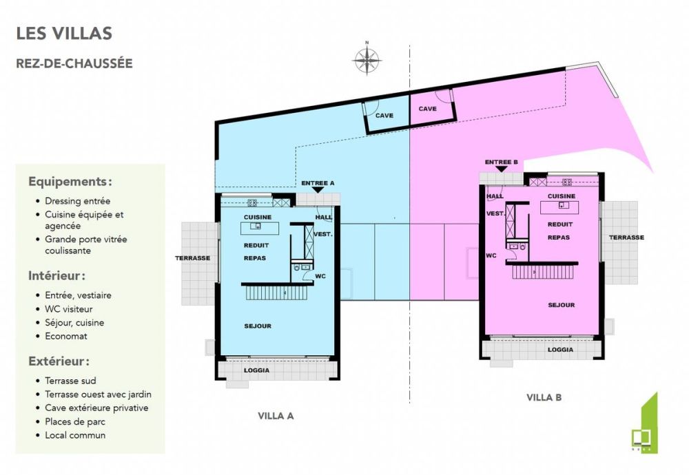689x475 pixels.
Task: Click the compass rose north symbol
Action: [x=367, y=59]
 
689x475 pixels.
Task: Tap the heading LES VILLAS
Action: [x=64, y=33]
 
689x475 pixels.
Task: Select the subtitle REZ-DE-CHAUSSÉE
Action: [x=74, y=63]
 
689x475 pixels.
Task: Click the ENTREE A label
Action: [x=318, y=183]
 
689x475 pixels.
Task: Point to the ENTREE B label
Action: [x=501, y=162]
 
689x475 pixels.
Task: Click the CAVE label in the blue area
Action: [x=384, y=116]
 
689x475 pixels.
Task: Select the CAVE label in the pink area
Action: [x=428, y=109]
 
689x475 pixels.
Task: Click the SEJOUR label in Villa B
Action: [x=561, y=304]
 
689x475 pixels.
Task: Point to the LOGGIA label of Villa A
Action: [x=256, y=370]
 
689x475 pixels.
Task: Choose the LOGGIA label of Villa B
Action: [x=560, y=350]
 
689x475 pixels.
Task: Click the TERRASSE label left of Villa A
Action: [x=192, y=258]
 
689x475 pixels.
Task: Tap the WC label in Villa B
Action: [x=491, y=255]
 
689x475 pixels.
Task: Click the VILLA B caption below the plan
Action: [x=545, y=397]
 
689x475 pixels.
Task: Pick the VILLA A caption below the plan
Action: [x=276, y=416]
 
